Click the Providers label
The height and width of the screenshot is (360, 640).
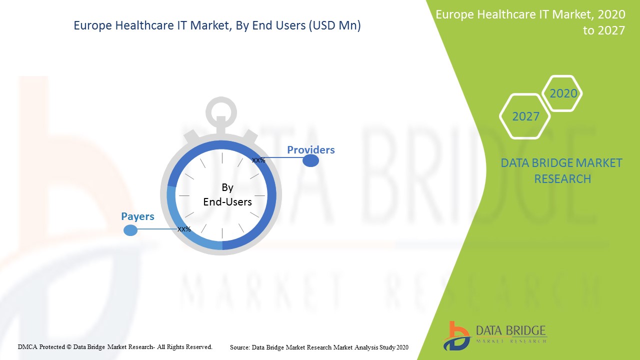[x=311, y=150]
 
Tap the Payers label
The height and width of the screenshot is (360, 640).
[x=137, y=216]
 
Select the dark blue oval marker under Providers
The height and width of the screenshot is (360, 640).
[x=311, y=161]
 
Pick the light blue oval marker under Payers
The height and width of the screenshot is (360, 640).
[x=130, y=230]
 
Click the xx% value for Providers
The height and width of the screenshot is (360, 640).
[x=258, y=160]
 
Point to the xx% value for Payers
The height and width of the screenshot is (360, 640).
[x=184, y=229]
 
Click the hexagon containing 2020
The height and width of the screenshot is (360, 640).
[x=562, y=93]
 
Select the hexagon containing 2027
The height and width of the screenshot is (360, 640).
[x=525, y=116]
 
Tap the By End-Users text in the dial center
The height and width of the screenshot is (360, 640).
[x=227, y=194]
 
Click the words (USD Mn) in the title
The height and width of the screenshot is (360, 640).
[x=334, y=25]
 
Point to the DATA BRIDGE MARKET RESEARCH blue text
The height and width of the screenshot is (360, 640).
[x=561, y=171]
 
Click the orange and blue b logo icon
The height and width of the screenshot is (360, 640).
[x=456, y=336]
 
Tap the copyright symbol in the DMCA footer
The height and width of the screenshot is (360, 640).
[x=69, y=347]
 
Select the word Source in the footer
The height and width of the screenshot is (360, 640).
[x=239, y=347]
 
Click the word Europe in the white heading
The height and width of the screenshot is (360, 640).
[x=455, y=14]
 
